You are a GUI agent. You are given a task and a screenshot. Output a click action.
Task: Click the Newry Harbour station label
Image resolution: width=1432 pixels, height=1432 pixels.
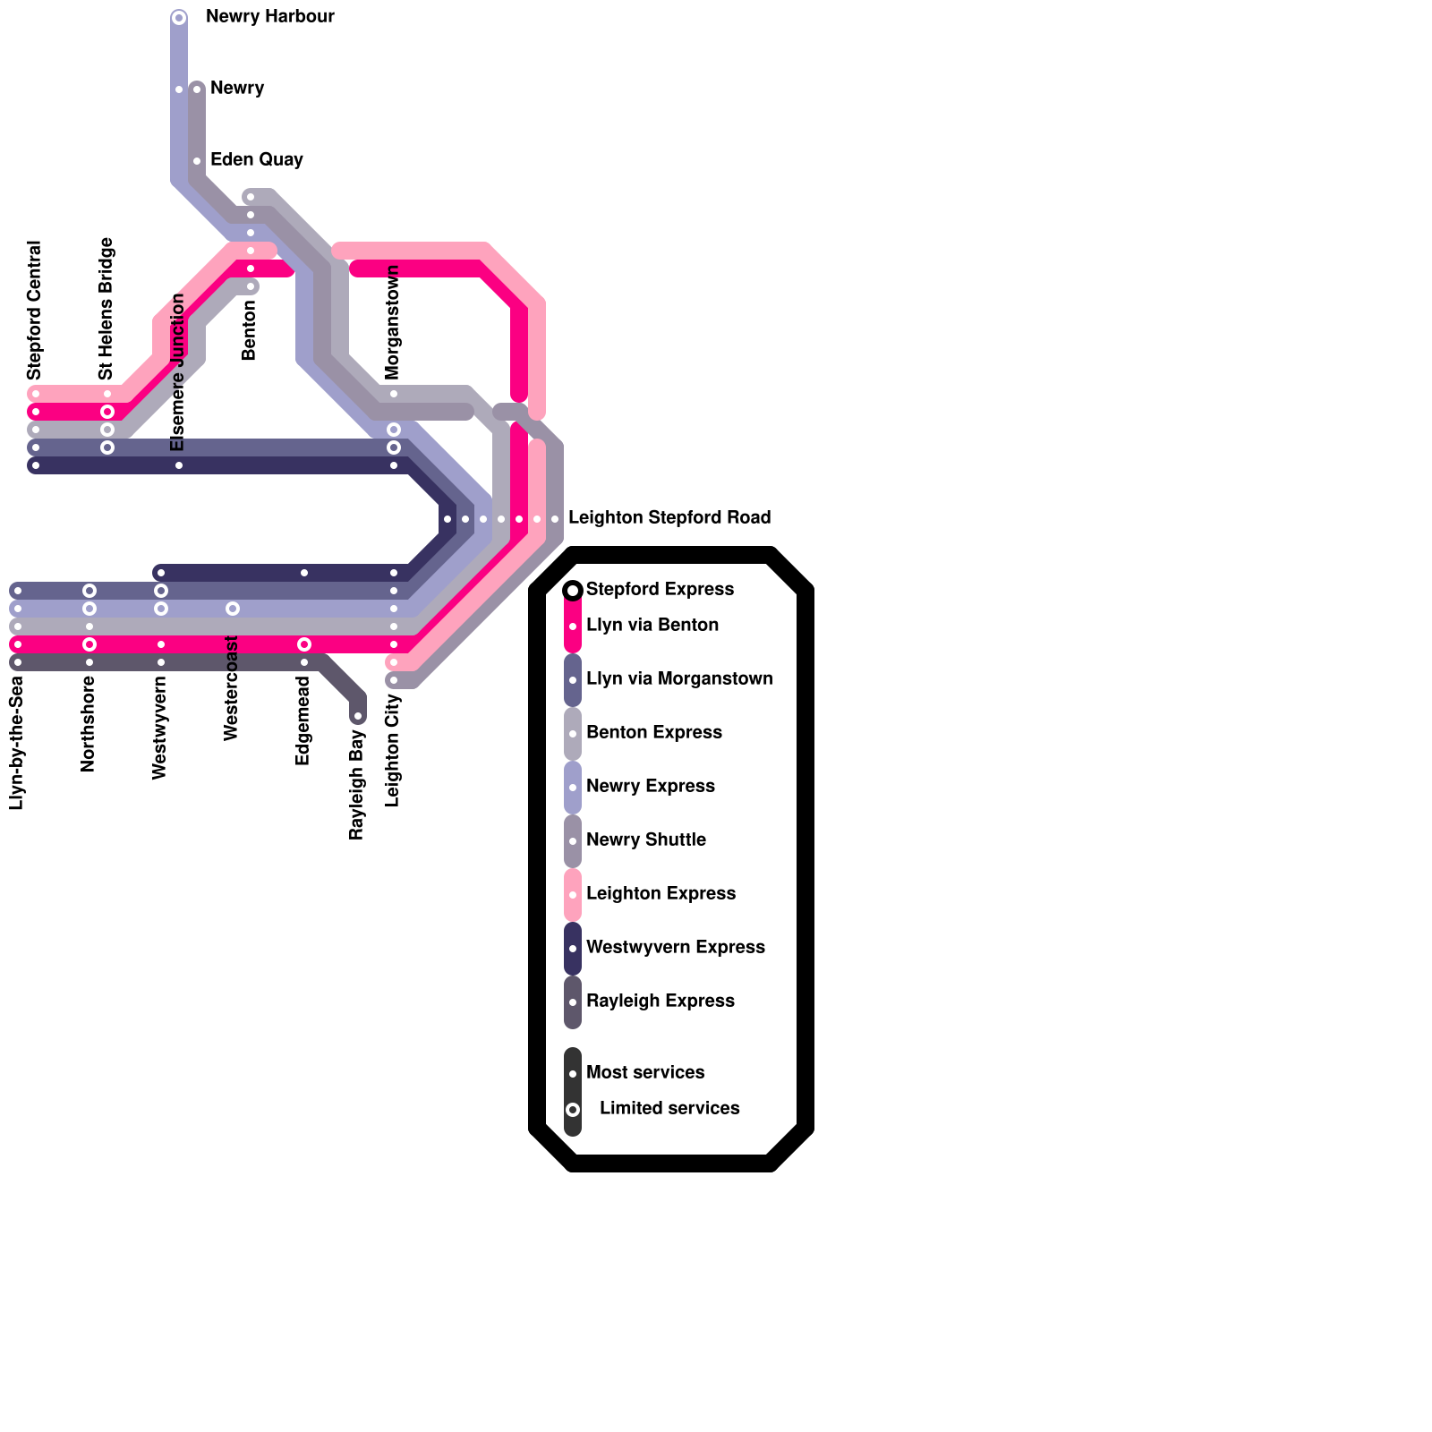pyautogui.click(x=269, y=17)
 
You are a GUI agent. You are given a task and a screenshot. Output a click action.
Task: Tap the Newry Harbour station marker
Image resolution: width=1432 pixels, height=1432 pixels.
pyautogui.click(x=179, y=18)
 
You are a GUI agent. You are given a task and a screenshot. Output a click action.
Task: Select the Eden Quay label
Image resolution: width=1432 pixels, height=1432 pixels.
pyautogui.click(x=256, y=160)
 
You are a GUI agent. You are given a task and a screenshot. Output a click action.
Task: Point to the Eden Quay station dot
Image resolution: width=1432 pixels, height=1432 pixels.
pyautogui.click(x=197, y=161)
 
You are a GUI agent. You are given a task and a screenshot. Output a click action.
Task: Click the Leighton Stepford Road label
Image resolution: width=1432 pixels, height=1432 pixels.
pyautogui.click(x=669, y=518)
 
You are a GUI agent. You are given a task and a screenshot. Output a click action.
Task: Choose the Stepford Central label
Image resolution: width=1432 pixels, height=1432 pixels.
pyautogui.click(x=35, y=310)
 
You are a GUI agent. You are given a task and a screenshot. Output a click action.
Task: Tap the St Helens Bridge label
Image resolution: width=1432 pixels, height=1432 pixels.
pyautogui.click(x=107, y=308)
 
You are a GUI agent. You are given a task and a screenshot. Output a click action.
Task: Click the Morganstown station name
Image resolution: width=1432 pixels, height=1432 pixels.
pyautogui.click(x=393, y=321)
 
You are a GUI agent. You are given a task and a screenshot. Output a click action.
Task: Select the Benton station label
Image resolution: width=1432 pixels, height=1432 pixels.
pyautogui.click(x=250, y=330)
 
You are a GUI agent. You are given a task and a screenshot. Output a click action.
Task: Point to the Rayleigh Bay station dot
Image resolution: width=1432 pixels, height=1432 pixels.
pyautogui.click(x=358, y=716)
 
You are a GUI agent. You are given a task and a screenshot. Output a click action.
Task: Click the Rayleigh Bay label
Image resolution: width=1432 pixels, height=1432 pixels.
pyautogui.click(x=357, y=785)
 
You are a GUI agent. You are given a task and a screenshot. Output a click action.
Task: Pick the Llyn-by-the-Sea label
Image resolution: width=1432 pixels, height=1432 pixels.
pyautogui.click(x=17, y=744)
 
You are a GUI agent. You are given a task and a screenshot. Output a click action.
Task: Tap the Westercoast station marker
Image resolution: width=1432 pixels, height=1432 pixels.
pyautogui.click(x=233, y=609)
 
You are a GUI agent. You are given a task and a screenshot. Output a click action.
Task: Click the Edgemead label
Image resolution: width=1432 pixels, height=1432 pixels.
pyautogui.click(x=303, y=721)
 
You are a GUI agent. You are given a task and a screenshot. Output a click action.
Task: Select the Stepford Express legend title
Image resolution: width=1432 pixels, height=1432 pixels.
pyautogui.click(x=660, y=589)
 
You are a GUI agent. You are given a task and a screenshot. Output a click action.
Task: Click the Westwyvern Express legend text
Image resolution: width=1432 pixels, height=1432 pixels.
pyautogui.click(x=675, y=947)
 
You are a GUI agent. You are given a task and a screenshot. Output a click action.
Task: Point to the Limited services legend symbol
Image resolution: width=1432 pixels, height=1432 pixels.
pyautogui.click(x=573, y=1110)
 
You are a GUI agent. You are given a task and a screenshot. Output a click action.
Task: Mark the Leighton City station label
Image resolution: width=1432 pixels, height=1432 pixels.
pyautogui.click(x=393, y=750)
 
